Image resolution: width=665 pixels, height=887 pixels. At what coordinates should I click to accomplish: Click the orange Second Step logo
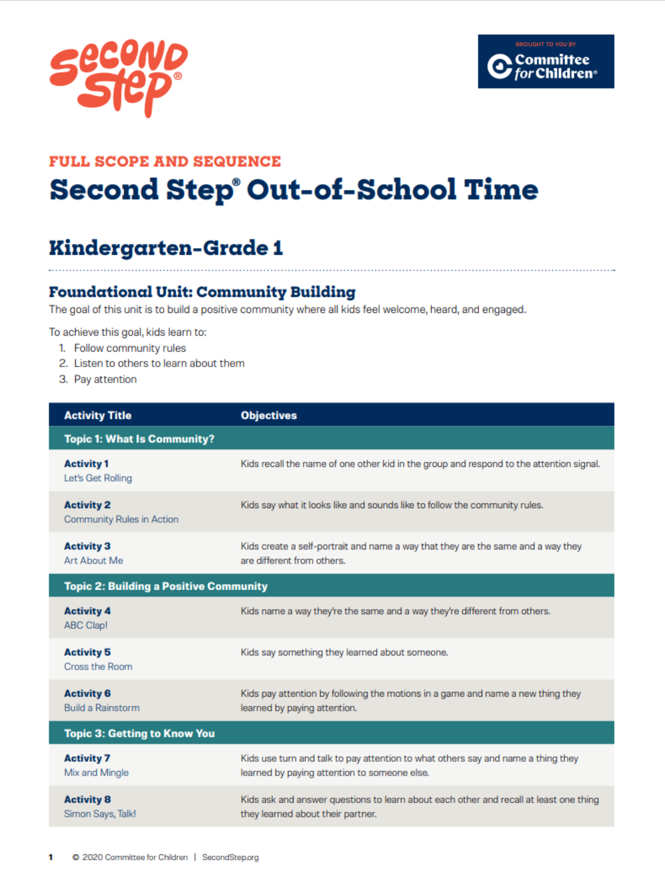tap(118, 77)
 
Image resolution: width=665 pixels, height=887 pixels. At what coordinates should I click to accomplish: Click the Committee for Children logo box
tap(546, 62)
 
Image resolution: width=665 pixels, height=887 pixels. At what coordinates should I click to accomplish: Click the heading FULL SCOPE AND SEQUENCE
tap(165, 161)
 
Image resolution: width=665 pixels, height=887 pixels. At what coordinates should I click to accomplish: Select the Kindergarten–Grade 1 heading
tap(166, 248)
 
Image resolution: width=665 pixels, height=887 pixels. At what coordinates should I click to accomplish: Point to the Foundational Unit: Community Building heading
tap(202, 292)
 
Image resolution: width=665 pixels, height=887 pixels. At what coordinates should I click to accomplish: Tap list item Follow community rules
tap(130, 348)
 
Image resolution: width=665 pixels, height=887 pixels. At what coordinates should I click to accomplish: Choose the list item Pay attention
tap(105, 379)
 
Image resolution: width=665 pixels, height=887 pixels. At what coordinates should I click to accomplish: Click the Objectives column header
tap(268, 415)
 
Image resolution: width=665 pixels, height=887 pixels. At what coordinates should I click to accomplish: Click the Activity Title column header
tap(97, 415)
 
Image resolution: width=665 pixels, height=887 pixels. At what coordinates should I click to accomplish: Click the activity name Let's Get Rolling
tap(98, 478)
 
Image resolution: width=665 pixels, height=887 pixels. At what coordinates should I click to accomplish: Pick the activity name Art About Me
tap(94, 561)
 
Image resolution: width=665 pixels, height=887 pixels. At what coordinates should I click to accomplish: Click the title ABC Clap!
tap(86, 625)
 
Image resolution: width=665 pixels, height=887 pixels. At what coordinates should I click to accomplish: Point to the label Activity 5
tap(87, 652)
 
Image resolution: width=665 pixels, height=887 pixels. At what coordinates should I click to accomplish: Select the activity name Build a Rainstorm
tap(102, 708)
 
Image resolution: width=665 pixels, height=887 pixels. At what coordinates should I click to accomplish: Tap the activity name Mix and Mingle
tap(96, 772)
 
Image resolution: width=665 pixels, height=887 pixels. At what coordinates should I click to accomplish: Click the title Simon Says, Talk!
tap(100, 814)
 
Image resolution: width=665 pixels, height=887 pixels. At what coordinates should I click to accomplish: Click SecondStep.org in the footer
tap(230, 857)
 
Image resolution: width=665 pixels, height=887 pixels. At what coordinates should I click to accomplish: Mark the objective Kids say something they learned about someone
tap(344, 652)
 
